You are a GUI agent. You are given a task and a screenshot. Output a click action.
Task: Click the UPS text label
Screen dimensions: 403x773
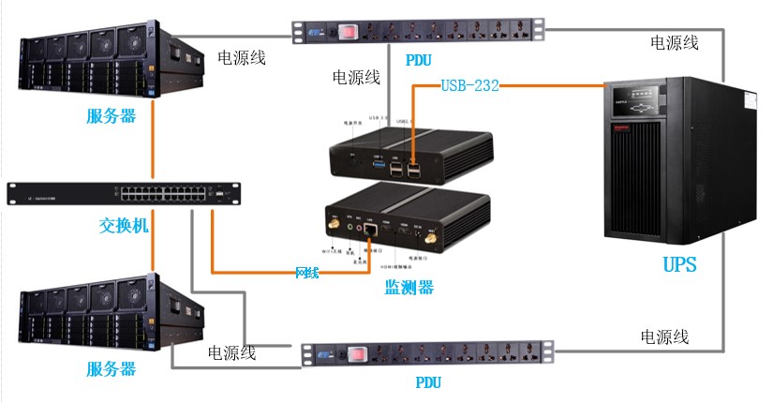click(679, 264)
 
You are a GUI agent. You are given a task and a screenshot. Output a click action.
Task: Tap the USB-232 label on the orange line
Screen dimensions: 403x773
click(469, 86)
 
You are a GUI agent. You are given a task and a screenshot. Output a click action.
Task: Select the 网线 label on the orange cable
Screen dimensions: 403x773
click(306, 273)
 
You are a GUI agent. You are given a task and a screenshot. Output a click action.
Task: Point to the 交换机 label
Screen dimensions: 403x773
click(124, 226)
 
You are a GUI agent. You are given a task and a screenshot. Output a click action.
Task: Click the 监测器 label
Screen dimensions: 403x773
click(409, 288)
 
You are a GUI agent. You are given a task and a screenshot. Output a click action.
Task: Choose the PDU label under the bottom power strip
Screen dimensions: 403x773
click(427, 382)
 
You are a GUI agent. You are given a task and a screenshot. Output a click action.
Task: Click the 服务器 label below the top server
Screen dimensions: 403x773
click(111, 115)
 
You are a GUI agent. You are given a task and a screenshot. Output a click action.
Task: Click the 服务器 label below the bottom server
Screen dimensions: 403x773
click(111, 368)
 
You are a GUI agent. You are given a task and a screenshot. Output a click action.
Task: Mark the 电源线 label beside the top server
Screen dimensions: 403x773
click(242, 58)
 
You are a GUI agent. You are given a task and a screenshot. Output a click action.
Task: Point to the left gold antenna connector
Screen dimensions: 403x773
click(333, 226)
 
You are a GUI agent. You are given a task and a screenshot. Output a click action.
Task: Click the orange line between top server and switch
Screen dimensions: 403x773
click(152, 149)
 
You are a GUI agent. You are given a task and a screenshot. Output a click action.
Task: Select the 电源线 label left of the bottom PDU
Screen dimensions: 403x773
click(232, 352)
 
